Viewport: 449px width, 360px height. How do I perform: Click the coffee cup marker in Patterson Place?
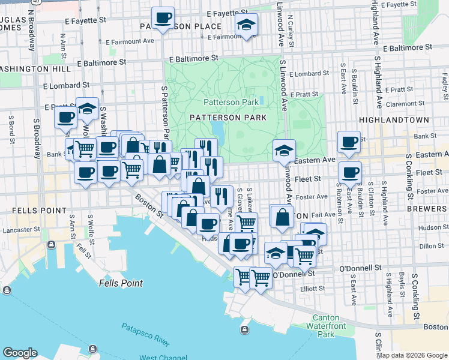(x=163, y=17)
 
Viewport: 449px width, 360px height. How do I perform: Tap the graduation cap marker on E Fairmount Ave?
(x=246, y=25)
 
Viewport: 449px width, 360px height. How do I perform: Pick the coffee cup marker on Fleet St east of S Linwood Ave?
(x=350, y=173)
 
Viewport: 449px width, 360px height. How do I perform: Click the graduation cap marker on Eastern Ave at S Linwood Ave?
(x=284, y=151)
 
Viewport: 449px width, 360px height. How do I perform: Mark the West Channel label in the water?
(x=164, y=358)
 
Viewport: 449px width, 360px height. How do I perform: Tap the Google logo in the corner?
(x=20, y=353)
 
